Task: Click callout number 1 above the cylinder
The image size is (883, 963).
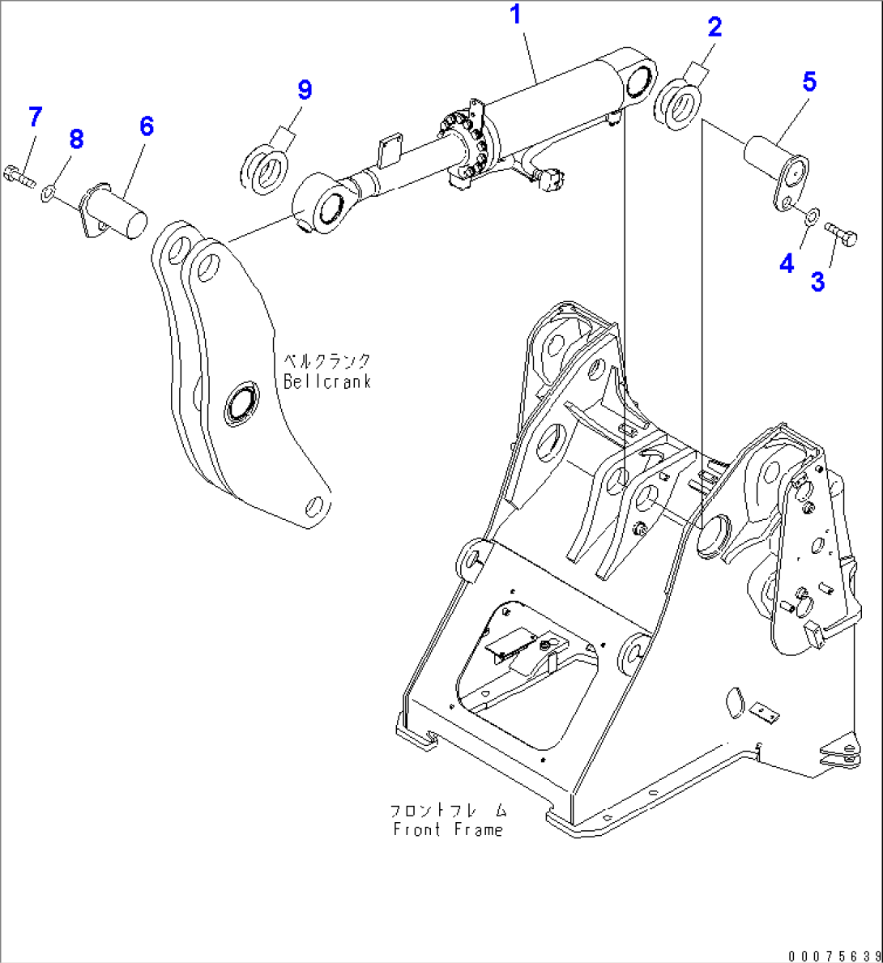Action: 515,15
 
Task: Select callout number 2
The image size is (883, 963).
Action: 714,28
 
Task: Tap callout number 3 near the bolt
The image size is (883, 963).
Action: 817,282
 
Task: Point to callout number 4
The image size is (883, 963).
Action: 787,263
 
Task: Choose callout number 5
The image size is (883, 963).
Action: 809,82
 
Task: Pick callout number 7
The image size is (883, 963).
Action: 35,117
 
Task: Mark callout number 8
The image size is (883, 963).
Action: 76,139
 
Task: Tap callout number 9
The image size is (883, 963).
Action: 305,90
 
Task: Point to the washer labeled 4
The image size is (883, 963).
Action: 811,215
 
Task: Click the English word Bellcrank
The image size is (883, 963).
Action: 327,381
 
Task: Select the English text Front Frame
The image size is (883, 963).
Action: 448,829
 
